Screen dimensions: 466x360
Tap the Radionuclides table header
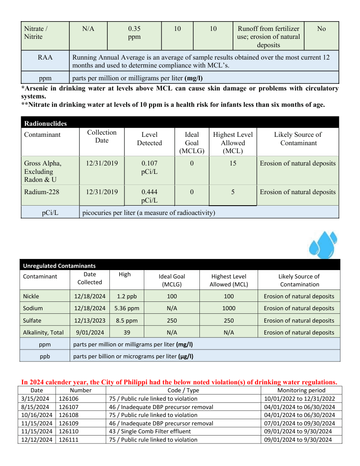coord(45,124)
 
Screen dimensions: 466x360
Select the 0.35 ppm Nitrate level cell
coord(134,33)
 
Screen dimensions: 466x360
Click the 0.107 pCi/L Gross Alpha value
coord(149,167)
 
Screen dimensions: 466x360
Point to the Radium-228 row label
coord(41,192)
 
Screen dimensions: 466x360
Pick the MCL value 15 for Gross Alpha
coord(232,163)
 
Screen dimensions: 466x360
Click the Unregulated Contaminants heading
coord(59,266)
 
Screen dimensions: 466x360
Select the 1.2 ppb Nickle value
coord(124,296)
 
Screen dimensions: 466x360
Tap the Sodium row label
coord(33,308)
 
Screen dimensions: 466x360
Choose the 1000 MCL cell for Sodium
coord(229,308)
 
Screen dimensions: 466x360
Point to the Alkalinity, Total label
coord(43,332)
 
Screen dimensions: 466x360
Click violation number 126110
coord(68,431)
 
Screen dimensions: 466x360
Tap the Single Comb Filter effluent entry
coord(150,431)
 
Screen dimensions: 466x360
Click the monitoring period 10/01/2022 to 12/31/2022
coord(300,398)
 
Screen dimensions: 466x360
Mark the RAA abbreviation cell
coord(45,57)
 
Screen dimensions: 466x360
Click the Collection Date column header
coord(101,136)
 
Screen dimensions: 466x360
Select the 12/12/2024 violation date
coord(37,440)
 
